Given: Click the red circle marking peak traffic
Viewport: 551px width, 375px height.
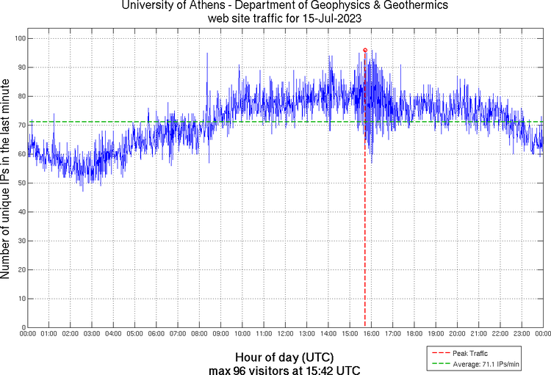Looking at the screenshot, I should pyautogui.click(x=365, y=50).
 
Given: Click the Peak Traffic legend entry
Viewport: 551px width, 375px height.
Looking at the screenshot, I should pyautogui.click(x=467, y=353).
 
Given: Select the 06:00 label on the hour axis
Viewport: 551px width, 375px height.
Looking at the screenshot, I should pyautogui.click(x=156, y=335).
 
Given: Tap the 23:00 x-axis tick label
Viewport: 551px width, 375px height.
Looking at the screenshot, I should pyautogui.click(x=522, y=335).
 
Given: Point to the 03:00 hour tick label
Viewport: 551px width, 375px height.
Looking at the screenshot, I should pyautogui.click(x=92, y=335).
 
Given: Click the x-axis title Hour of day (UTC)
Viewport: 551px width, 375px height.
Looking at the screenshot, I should pyautogui.click(x=276, y=357).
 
